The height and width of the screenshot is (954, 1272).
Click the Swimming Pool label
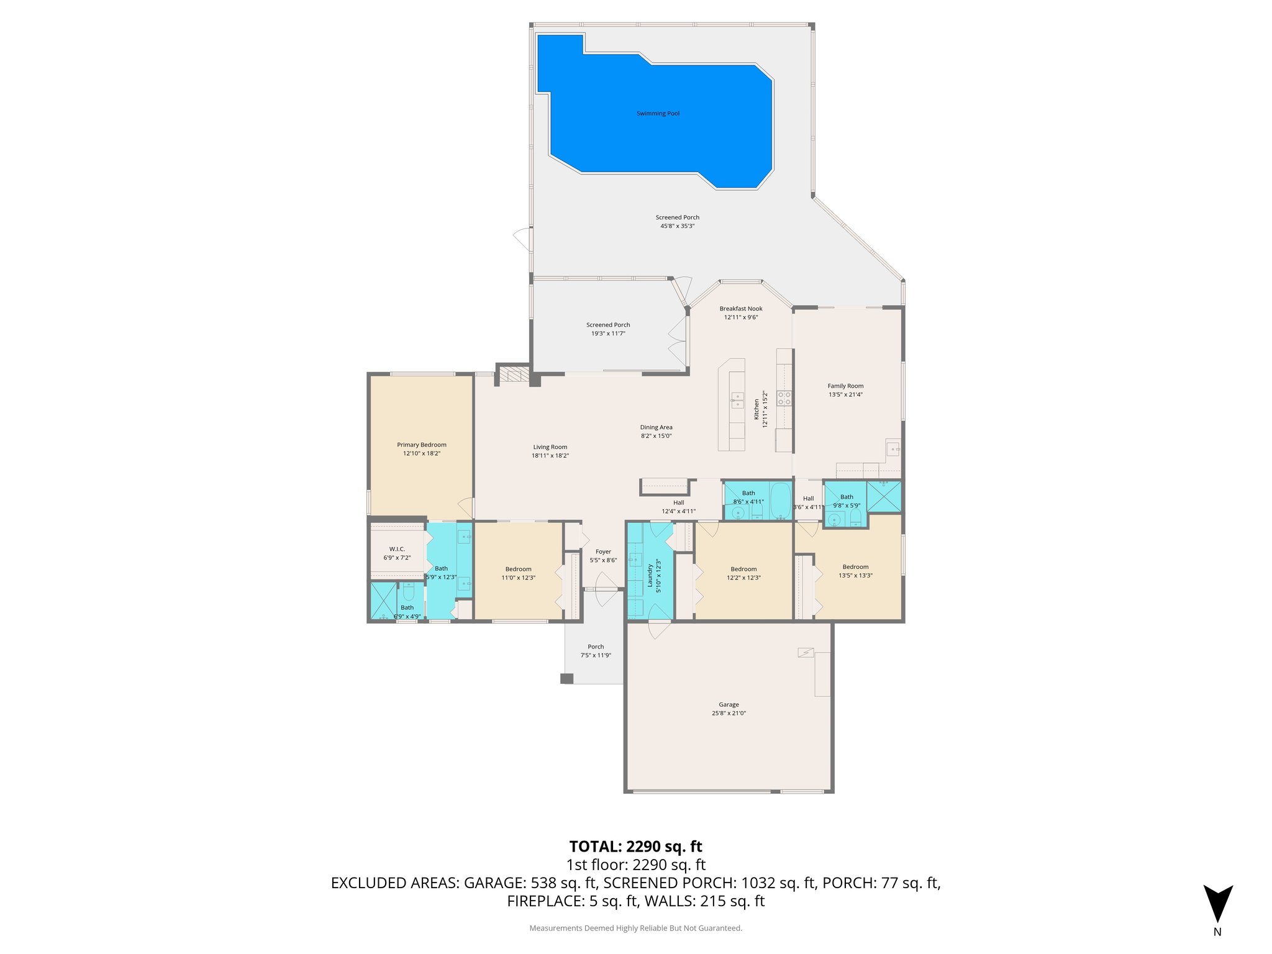pyautogui.click(x=658, y=114)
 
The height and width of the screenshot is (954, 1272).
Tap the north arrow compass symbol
pyautogui.click(x=1217, y=904)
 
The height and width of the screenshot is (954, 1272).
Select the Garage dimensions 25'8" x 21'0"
pyautogui.click(x=729, y=713)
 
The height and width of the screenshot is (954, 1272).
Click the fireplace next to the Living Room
pyautogui.click(x=514, y=375)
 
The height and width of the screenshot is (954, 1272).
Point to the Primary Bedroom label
pyautogui.click(x=422, y=445)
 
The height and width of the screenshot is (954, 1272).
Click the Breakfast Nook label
pyautogui.click(x=741, y=309)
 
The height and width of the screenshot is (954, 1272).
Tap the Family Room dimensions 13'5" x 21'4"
pyautogui.click(x=845, y=394)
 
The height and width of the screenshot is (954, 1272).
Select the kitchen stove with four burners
pyautogui.click(x=784, y=398)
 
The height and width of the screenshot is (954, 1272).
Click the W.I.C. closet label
pyautogui.click(x=397, y=549)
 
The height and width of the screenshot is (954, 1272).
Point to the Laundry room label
pyautogui.click(x=650, y=575)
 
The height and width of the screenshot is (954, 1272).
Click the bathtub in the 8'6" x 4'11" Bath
pyautogui.click(x=780, y=501)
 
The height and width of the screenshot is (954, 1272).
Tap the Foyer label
pyautogui.click(x=603, y=552)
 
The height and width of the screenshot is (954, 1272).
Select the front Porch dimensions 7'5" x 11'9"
pyautogui.click(x=596, y=655)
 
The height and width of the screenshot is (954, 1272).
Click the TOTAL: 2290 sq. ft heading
pyautogui.click(x=635, y=847)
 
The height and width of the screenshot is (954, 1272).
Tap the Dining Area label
pyautogui.click(x=656, y=427)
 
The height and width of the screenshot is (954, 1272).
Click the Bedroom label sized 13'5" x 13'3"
pyautogui.click(x=855, y=566)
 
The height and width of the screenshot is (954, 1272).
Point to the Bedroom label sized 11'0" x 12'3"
pyautogui.click(x=518, y=569)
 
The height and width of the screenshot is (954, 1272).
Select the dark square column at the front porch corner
pyautogui.click(x=566, y=679)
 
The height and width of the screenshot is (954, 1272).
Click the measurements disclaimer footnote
pyautogui.click(x=635, y=928)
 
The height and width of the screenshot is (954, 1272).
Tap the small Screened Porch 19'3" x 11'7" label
pyautogui.click(x=608, y=325)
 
